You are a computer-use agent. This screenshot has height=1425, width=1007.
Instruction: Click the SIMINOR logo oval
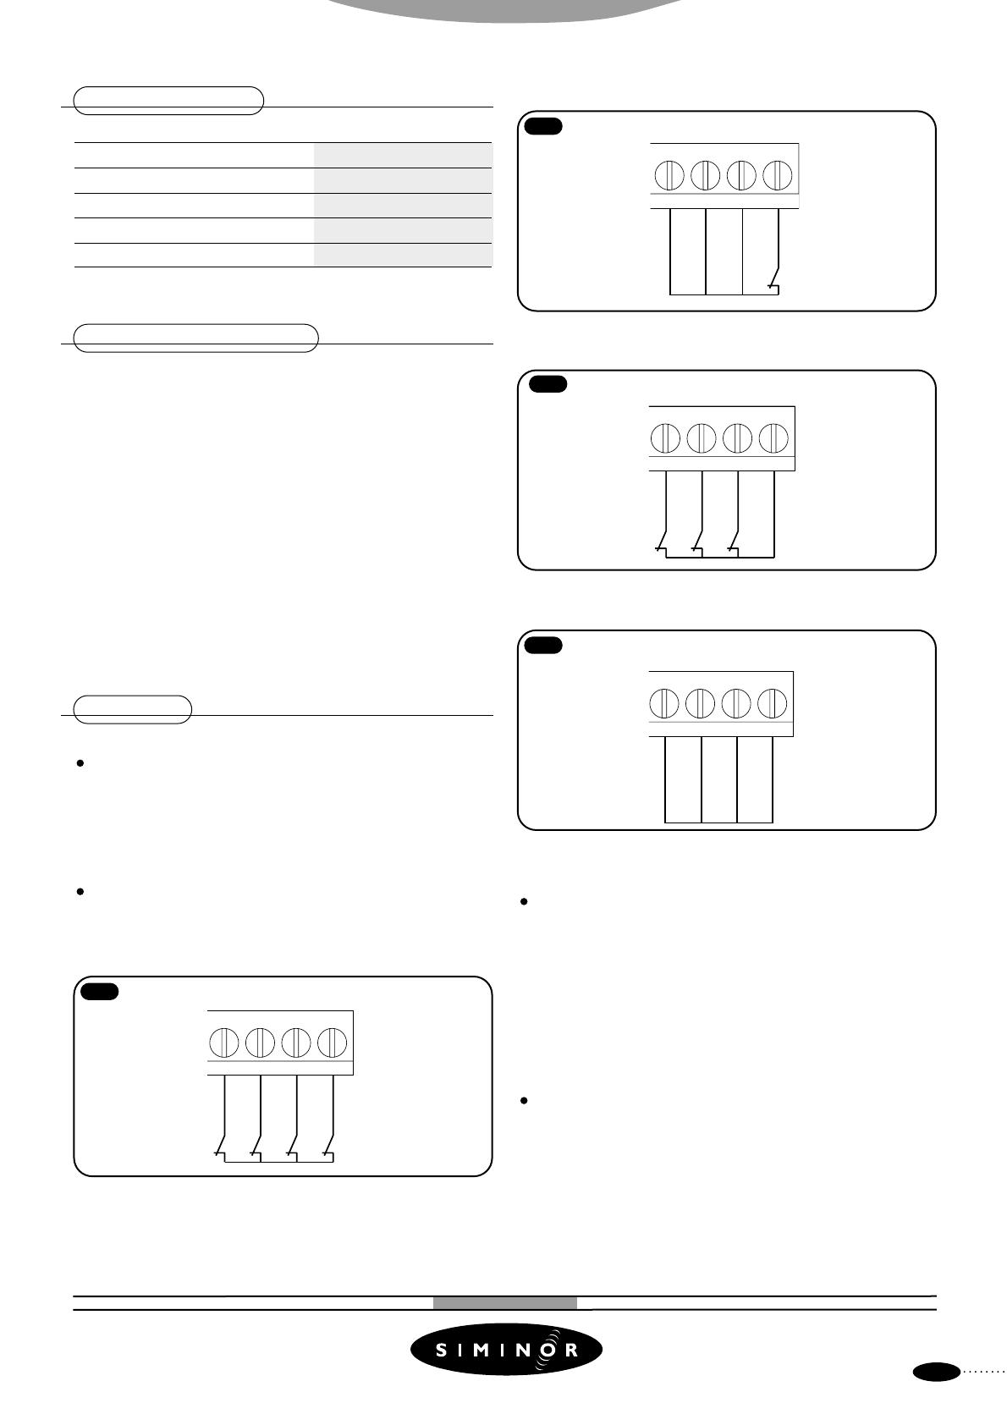506,1350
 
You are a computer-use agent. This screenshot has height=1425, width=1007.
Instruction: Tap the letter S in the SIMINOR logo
442,1350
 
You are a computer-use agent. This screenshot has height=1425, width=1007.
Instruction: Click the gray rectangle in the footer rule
505,1303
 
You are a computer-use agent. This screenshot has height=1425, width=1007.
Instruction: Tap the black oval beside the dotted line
936,1390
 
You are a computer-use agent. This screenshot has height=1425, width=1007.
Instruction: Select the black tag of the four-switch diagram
100,992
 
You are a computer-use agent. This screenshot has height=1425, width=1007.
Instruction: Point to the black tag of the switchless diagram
543,646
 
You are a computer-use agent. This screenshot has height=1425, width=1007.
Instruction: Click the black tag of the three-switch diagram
548,384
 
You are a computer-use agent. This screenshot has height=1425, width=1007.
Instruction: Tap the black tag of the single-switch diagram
543,127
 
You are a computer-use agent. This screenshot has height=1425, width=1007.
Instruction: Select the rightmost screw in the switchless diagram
773,703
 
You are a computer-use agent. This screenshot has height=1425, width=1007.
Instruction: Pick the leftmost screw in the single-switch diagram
669,175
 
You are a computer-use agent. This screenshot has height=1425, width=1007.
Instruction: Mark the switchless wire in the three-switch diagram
774,514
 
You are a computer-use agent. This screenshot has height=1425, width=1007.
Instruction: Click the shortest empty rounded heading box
132,710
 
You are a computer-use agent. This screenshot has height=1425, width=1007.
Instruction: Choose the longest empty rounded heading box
196,338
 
